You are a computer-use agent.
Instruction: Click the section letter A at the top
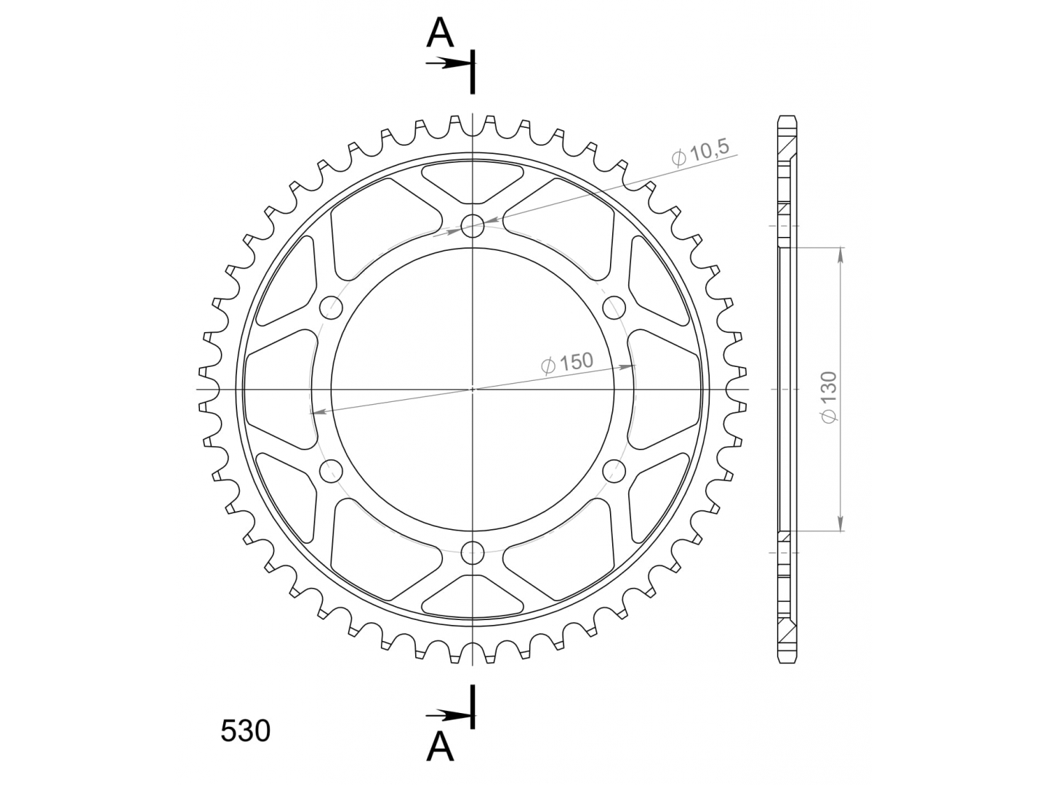click(439, 34)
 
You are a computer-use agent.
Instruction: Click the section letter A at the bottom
click(439, 747)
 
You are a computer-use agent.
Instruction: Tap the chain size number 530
click(245, 732)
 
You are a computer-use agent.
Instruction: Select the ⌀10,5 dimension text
click(700, 153)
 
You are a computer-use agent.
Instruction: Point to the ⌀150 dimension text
click(567, 363)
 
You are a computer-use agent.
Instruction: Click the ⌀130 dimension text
click(829, 397)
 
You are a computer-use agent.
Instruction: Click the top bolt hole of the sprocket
click(473, 225)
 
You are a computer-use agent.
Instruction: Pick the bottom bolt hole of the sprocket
click(473, 553)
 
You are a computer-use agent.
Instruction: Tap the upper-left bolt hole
click(331, 307)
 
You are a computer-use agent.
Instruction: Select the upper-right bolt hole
click(614, 307)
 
